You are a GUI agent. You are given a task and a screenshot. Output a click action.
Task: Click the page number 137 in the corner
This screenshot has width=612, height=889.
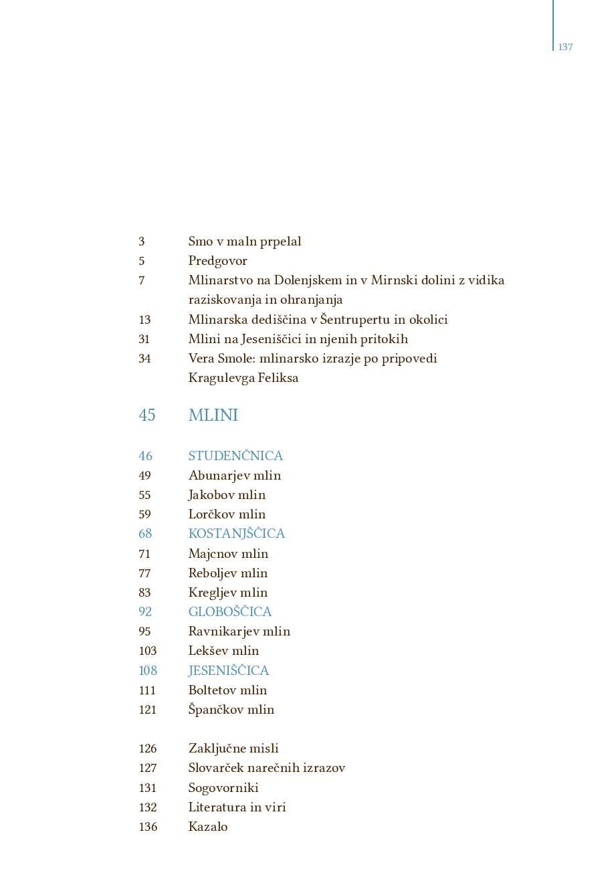click(x=565, y=47)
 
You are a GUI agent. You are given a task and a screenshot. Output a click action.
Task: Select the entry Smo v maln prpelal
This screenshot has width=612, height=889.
click(x=244, y=241)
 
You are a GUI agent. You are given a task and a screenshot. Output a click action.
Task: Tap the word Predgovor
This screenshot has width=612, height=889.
click(x=217, y=261)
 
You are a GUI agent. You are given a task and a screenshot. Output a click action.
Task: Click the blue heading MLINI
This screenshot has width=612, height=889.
click(x=213, y=415)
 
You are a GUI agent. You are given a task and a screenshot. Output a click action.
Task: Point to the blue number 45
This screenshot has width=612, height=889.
click(x=146, y=415)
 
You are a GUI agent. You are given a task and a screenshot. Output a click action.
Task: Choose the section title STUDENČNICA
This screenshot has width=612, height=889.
click(x=235, y=456)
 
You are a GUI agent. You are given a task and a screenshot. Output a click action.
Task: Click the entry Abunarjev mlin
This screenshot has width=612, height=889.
click(x=234, y=476)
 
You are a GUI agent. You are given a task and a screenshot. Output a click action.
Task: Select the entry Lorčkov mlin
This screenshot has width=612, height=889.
click(x=227, y=514)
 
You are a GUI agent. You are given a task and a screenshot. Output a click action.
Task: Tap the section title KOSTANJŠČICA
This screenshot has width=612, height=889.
click(x=236, y=534)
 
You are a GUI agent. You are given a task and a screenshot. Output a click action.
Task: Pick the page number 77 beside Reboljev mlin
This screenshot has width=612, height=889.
click(x=144, y=573)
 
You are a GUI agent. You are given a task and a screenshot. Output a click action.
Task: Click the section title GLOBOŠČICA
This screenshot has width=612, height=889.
click(x=229, y=612)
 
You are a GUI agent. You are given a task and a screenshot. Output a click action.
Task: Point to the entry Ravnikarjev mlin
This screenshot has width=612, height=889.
click(x=239, y=631)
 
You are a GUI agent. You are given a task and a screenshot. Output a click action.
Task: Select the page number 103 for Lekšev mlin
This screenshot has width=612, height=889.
click(x=147, y=651)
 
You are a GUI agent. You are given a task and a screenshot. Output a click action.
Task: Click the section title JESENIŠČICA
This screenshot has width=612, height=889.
click(x=228, y=671)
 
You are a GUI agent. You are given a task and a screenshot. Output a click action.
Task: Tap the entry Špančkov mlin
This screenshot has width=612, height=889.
click(x=231, y=710)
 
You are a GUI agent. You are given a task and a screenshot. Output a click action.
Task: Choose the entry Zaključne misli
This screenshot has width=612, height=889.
click(x=233, y=749)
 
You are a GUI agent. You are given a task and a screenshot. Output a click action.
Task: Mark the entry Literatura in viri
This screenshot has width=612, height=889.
click(x=237, y=807)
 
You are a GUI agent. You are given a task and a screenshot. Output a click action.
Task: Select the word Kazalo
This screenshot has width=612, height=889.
click(x=207, y=827)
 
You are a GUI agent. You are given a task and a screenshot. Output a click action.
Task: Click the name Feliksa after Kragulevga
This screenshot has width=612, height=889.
click(x=278, y=378)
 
